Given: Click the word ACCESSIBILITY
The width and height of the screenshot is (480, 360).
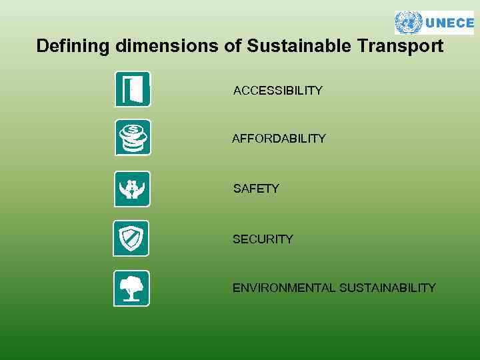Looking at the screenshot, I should click(x=277, y=91).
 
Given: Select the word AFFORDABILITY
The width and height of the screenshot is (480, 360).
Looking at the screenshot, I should click(x=279, y=139).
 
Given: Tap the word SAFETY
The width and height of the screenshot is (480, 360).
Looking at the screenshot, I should click(x=256, y=189).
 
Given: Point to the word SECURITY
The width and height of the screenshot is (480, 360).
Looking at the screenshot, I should click(x=263, y=239).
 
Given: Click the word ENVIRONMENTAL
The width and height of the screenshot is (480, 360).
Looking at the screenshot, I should click(x=284, y=288).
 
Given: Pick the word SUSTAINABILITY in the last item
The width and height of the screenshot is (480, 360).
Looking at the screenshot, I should click(x=387, y=288).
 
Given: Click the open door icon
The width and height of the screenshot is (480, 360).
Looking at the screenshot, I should click(x=133, y=89).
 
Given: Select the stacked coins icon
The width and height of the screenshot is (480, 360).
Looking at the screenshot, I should click(x=133, y=137).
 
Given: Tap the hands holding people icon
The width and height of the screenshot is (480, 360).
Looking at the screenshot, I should click(x=132, y=189).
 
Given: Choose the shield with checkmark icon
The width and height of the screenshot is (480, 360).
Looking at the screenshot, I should click(x=131, y=238).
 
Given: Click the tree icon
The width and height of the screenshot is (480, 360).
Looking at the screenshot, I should click(x=131, y=288).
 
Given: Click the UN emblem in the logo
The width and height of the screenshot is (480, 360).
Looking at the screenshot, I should click(x=408, y=23).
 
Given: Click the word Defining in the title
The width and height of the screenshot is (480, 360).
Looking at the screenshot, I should click(x=73, y=47).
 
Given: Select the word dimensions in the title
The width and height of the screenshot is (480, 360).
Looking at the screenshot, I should click(x=166, y=47).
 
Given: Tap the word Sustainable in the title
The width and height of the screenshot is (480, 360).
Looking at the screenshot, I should click(x=299, y=47).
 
